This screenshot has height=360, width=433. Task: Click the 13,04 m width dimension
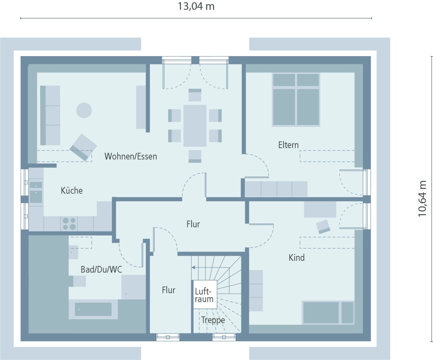196,7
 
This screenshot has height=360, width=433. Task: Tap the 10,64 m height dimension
422,199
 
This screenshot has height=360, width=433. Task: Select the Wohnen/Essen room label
131,157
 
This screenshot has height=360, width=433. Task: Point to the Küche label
71,191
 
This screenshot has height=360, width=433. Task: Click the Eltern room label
289,145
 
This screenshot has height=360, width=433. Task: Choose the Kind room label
297,258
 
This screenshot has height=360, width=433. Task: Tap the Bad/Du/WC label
101,269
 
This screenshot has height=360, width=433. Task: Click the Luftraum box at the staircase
205,294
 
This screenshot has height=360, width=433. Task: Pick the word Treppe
213,320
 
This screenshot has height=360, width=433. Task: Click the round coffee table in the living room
84,111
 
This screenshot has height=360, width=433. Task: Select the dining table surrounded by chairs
195,126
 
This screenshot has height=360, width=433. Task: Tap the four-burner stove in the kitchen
69,224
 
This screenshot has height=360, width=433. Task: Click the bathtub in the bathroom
93,309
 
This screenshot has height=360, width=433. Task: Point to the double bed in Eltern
296,99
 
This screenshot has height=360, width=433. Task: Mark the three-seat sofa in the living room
50,116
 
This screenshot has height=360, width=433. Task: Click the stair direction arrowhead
193,267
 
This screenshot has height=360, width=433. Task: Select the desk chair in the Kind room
323,227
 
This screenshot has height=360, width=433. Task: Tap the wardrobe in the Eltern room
276,189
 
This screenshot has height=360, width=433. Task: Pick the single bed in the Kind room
328,313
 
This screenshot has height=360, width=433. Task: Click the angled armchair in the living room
83,147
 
